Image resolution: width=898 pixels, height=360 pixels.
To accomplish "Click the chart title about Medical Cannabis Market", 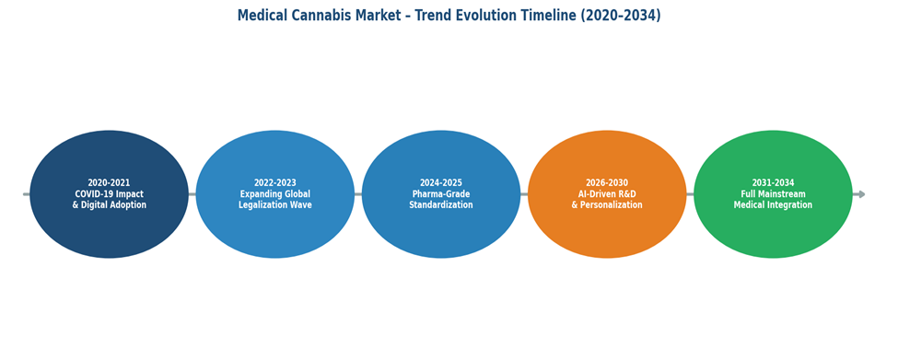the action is point(449,16).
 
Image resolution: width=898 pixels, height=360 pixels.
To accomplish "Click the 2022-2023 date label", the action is point(274,183).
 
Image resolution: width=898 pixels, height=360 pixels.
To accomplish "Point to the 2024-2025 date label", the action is point(441,183).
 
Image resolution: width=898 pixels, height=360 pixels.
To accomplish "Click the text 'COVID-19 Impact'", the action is point(109,194).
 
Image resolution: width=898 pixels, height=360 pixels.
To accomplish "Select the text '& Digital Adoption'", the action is point(109,205).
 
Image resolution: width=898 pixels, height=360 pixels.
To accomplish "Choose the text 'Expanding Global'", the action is point(274,194).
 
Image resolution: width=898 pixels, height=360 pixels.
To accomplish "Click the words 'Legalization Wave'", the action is point(274,205).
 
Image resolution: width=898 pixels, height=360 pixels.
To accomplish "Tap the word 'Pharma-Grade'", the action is point(441,194).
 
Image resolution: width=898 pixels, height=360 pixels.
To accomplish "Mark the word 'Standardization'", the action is point(441,205).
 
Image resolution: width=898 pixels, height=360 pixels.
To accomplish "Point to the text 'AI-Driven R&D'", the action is point(607,194).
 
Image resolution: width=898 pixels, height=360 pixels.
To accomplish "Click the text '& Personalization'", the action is point(607,205).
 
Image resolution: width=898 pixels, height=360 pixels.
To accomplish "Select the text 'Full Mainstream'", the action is point(773,194).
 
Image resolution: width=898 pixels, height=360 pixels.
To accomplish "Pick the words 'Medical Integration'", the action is point(773,205).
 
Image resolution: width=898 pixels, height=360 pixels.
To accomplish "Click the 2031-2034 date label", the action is point(773,183).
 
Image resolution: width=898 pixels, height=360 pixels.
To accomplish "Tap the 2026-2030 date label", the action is point(607,183).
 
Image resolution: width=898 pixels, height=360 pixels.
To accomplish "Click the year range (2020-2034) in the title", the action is point(621,16).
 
